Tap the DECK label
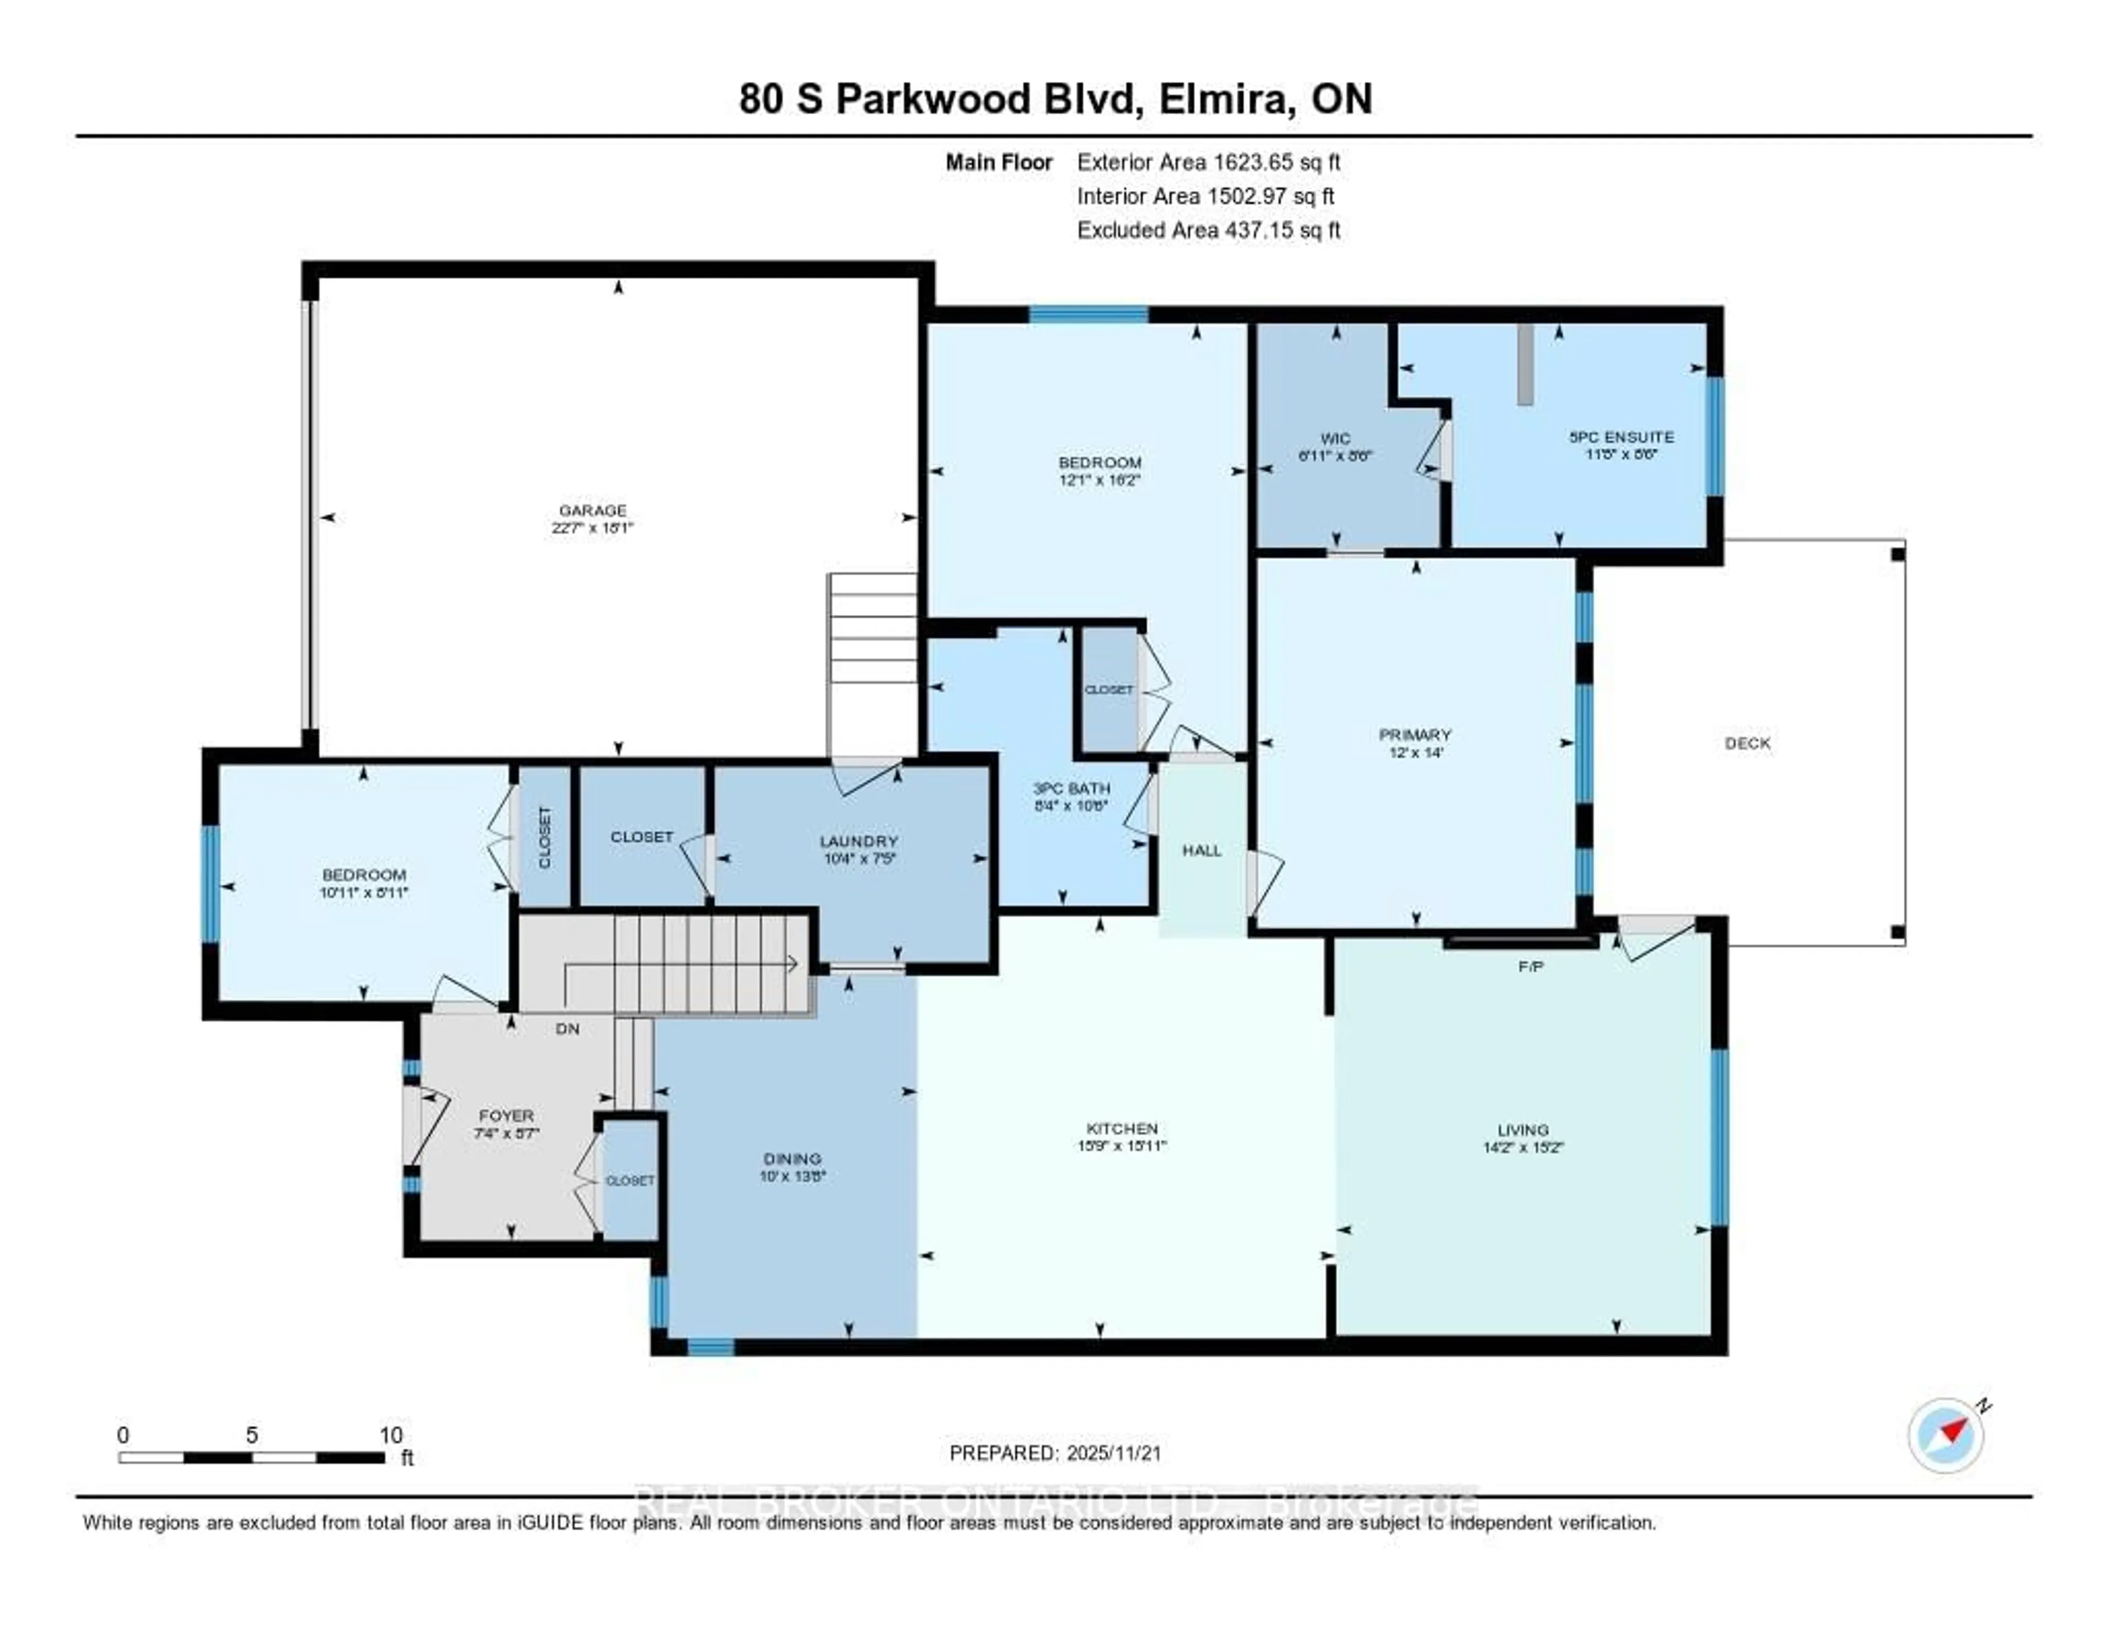coord(1747,743)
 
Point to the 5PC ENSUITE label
coord(1622,437)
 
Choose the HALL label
coord(1202,850)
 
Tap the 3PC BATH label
coord(1072,788)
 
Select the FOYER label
coord(506,1115)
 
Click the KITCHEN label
coord(1122,1128)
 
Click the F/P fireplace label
coord(1531,966)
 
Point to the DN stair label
coord(568,1029)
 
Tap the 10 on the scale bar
coord(391,1435)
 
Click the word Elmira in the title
coord(1226,99)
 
